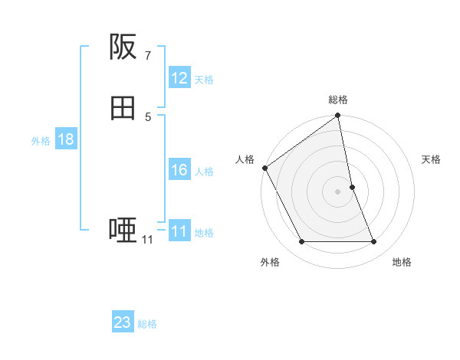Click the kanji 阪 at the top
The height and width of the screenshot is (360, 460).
click(123, 47)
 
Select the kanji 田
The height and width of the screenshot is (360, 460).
click(123, 109)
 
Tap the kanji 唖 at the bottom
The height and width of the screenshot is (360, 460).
click(123, 229)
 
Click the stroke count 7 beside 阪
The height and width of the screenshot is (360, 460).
click(147, 55)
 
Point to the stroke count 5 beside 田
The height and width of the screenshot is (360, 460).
click(147, 116)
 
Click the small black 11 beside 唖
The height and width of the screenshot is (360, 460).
click(147, 240)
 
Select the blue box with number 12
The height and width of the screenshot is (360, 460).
click(179, 78)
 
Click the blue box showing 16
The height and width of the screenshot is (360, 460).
click(179, 170)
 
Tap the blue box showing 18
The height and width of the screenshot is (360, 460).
click(65, 139)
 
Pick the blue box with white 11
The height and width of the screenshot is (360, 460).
click(179, 231)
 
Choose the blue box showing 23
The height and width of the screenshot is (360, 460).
click(123, 322)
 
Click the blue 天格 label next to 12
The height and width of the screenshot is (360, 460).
click(204, 79)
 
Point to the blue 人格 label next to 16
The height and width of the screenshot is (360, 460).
click(204, 171)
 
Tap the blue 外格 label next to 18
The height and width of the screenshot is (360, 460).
click(41, 140)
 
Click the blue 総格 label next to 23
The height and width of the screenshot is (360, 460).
click(147, 323)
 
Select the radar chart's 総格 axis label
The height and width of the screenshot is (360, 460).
click(338, 100)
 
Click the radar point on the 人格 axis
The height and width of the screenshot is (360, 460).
click(265, 168)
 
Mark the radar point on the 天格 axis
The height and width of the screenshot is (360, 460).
click(352, 187)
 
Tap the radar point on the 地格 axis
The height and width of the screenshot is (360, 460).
click(373, 242)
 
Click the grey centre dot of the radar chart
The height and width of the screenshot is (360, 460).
click(338, 191)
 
